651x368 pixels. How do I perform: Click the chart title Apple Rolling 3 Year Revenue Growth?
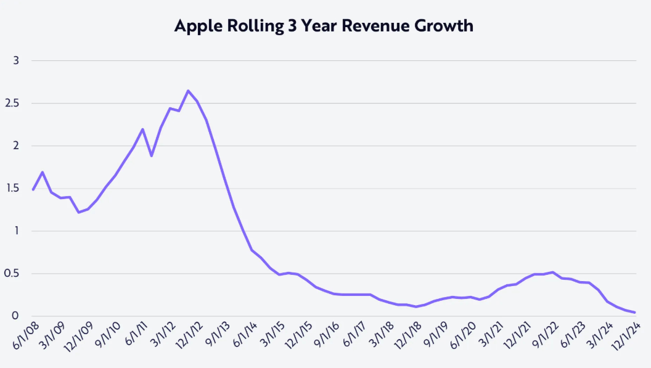click(x=324, y=26)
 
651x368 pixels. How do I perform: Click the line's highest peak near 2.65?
click(x=188, y=91)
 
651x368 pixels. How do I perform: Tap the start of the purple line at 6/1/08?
click(x=33, y=190)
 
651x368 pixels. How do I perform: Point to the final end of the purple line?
click(x=635, y=313)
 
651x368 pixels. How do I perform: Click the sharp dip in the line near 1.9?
click(x=152, y=155)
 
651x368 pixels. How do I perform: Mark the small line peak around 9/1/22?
click(x=553, y=272)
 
